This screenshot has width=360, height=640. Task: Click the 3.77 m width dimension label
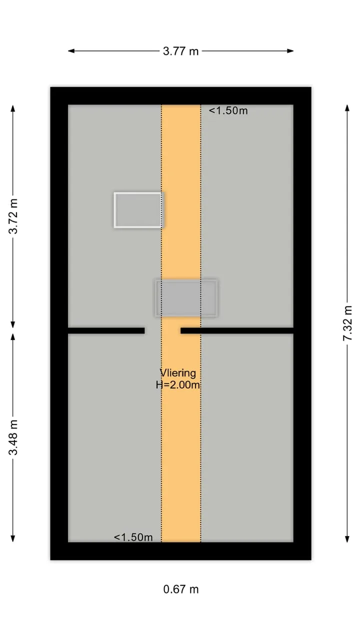[180, 51]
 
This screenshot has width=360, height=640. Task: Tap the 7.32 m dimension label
[347, 323]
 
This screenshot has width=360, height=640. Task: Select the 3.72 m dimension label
[13, 216]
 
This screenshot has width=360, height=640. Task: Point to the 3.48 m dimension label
[13, 437]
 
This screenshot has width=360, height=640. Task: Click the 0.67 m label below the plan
[181, 589]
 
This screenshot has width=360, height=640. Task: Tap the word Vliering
[178, 373]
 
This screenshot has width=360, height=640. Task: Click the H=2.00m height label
[177, 385]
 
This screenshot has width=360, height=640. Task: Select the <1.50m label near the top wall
[228, 110]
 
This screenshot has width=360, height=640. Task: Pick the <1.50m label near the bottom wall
[133, 537]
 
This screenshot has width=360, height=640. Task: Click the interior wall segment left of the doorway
[106, 330]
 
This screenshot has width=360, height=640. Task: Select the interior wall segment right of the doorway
[237, 330]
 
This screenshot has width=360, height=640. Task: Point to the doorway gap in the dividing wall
[162, 330]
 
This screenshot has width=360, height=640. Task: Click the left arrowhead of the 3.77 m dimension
[71, 51]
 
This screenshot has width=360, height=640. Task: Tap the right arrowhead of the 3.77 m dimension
[290, 51]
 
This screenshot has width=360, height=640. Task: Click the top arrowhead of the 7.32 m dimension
[347, 108]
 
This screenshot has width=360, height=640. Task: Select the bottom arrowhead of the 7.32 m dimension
[347, 539]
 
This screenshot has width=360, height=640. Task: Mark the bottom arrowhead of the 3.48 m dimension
[13, 538]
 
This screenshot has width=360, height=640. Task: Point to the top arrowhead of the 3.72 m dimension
[13, 108]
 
